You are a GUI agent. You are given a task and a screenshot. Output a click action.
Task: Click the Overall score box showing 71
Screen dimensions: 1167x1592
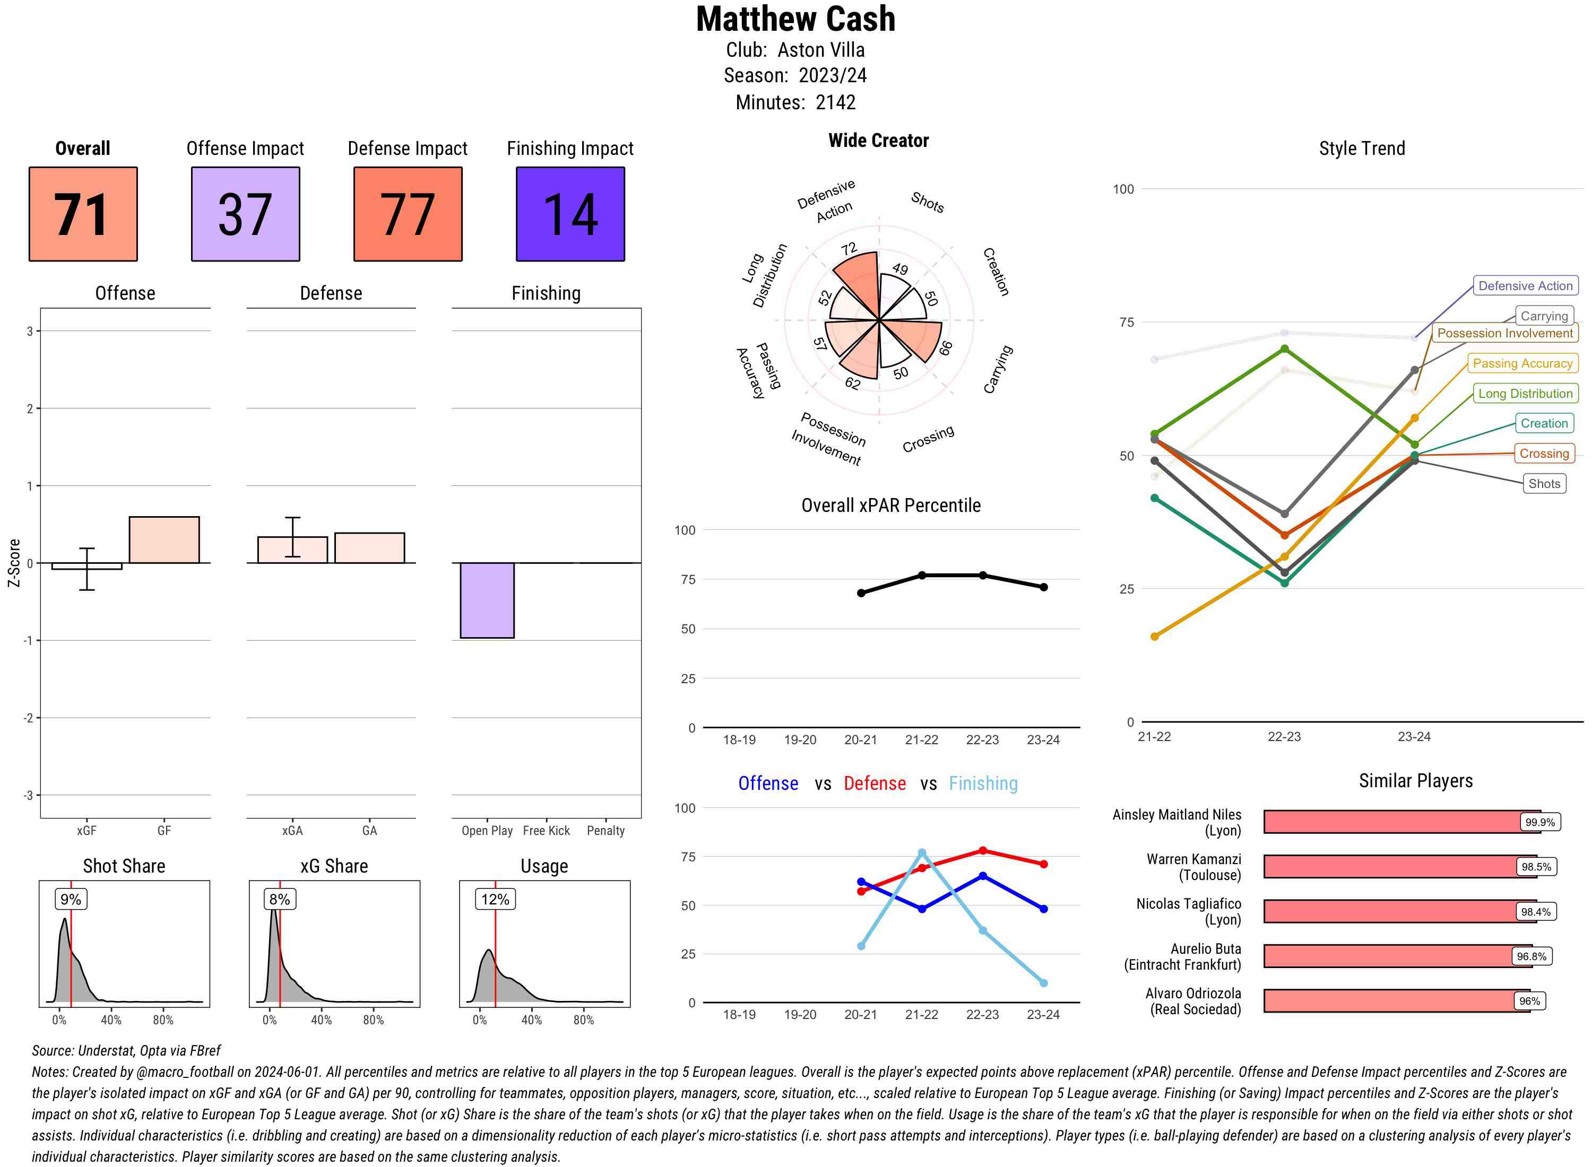83,214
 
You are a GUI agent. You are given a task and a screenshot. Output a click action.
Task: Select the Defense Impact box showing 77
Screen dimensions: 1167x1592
408,214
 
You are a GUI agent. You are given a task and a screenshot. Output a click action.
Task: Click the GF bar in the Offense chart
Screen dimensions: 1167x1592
164,539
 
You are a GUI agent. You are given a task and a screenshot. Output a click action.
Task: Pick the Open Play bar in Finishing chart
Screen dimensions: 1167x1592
487,600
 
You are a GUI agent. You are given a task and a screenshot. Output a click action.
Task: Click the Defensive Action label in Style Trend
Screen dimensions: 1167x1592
1525,286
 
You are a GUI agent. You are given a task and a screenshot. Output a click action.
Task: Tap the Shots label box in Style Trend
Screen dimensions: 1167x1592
1543,484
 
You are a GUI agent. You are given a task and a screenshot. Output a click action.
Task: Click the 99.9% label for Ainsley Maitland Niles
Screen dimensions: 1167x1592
1539,822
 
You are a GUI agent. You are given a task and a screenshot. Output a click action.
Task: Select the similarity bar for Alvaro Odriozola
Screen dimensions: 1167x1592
1396,1001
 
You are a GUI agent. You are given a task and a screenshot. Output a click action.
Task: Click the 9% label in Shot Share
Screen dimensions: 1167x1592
71,899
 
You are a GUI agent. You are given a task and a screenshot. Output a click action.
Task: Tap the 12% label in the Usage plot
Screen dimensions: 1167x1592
495,899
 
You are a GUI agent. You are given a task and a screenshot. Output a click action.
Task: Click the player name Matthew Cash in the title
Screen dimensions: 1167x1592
795,20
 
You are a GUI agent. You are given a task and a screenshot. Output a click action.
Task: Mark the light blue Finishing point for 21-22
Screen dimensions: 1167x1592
921,852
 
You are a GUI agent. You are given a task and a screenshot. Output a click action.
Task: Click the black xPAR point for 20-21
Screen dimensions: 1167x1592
861,593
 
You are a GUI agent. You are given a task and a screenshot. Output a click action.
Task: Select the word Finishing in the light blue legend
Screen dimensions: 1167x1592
983,783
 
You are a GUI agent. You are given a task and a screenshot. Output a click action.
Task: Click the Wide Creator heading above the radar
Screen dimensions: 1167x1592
878,141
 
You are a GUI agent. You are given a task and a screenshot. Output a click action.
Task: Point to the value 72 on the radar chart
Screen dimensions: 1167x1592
849,249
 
